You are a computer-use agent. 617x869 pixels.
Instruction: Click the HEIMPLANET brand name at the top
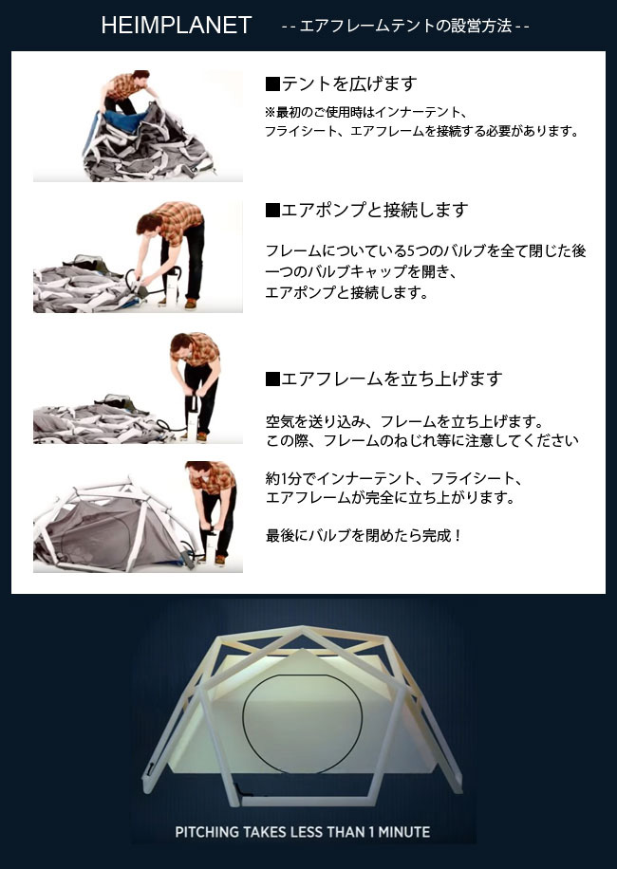pos(176,26)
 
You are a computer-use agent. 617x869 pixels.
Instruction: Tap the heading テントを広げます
pos(348,83)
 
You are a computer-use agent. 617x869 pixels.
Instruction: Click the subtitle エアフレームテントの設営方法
pos(405,27)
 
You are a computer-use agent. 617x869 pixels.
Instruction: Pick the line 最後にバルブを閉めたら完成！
pos(365,535)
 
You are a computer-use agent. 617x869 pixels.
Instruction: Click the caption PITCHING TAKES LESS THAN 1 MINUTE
pos(303,833)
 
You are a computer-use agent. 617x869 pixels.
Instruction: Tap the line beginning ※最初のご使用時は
pos(366,112)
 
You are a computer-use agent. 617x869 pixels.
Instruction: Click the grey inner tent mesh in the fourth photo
pos(95,531)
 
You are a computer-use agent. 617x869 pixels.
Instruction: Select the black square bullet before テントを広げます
pos(272,83)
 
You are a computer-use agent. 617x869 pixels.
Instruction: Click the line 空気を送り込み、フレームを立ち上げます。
pos(403,421)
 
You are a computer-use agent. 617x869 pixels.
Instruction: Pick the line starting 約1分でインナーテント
pos(394,478)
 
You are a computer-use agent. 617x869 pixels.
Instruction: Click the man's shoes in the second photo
pos(189,303)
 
